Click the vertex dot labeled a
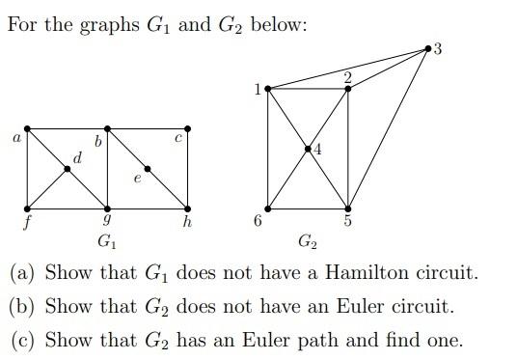[x=27, y=128]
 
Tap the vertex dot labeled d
[x=68, y=169]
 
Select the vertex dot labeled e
[x=148, y=169]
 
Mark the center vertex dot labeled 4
[x=308, y=149]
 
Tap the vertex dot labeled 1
[x=267, y=89]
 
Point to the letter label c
[x=178, y=140]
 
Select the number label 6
[x=258, y=222]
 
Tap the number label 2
[x=348, y=75]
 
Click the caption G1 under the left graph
[x=107, y=239]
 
